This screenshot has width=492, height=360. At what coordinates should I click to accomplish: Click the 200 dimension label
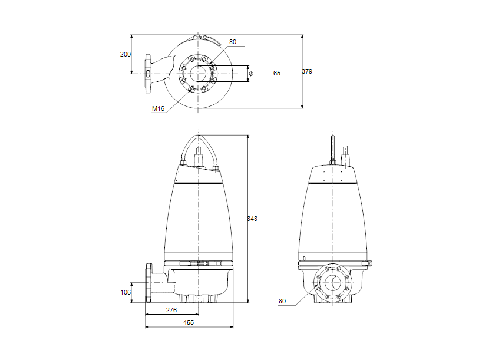pyautogui.click(x=125, y=54)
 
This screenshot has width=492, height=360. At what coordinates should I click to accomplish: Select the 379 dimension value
pyautogui.click(x=307, y=71)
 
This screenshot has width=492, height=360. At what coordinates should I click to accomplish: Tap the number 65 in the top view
pyautogui.click(x=277, y=73)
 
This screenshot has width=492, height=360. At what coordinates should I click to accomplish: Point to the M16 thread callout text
pyautogui.click(x=158, y=108)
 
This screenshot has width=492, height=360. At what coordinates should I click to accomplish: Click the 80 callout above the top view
pyautogui.click(x=233, y=42)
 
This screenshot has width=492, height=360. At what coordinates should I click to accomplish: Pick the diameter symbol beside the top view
pyautogui.click(x=252, y=73)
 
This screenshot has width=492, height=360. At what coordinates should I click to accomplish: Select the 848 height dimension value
pyautogui.click(x=252, y=219)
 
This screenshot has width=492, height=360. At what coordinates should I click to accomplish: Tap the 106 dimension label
pyautogui.click(x=125, y=292)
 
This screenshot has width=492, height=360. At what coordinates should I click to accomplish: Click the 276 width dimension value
pyautogui.click(x=171, y=310)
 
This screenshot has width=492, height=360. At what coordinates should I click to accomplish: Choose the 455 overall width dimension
pyautogui.click(x=189, y=322)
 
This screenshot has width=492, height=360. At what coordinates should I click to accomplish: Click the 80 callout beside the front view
pyautogui.click(x=282, y=302)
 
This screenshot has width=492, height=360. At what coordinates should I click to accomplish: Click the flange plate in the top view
pyautogui.click(x=148, y=74)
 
